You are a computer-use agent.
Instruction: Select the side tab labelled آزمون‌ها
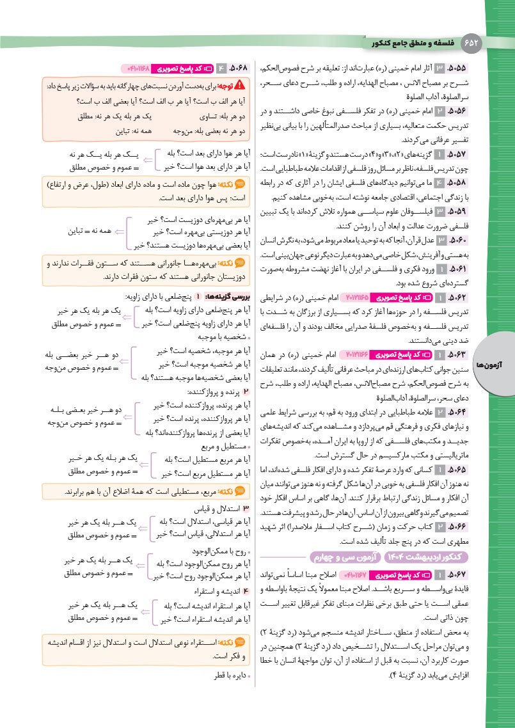click(x=497, y=363)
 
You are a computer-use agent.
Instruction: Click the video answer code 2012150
click(x=351, y=297)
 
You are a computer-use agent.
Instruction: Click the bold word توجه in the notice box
click(x=223, y=85)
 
